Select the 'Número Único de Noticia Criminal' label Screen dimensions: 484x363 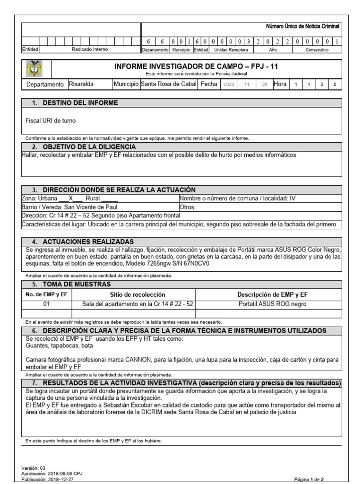[x=303, y=27]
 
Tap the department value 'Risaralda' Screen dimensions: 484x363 [x=81, y=84]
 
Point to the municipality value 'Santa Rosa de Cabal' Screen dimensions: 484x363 [x=169, y=84]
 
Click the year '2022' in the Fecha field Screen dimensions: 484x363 [x=229, y=85]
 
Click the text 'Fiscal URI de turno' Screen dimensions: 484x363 [x=50, y=121]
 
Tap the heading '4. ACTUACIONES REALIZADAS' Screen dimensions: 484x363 [x=88, y=242]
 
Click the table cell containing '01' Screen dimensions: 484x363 [x=46, y=304]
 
